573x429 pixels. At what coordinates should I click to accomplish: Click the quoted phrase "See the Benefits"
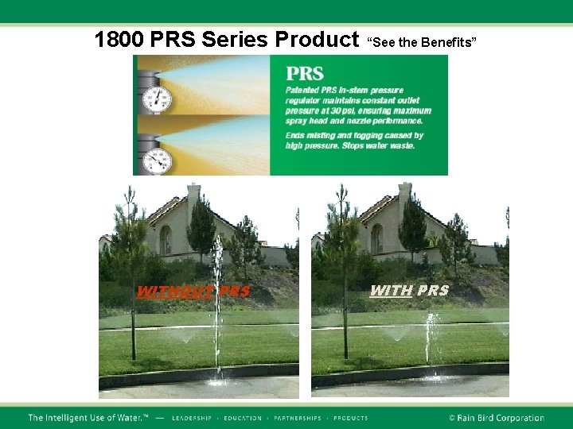click(422, 41)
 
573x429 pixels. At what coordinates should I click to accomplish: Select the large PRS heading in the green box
click(305, 74)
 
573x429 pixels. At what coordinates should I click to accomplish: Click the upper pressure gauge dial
click(158, 99)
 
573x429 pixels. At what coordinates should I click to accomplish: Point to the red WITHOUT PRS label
click(193, 292)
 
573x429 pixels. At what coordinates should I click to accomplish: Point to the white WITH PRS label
click(409, 291)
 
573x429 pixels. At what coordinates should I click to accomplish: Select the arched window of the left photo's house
click(165, 239)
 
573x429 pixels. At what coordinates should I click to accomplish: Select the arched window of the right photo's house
click(376, 238)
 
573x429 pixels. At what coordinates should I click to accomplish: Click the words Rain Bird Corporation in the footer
click(501, 418)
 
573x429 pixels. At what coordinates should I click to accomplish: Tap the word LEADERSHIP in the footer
click(192, 418)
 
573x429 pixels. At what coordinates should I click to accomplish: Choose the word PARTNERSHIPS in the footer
click(297, 418)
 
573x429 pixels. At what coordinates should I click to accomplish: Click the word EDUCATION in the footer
click(243, 418)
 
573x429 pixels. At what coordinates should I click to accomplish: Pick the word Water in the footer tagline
click(127, 418)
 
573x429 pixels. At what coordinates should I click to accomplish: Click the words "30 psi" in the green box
click(333, 112)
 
